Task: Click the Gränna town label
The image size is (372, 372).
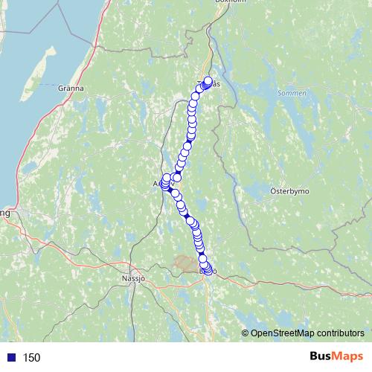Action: pyautogui.click(x=69, y=88)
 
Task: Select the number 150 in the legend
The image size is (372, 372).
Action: pyautogui.click(x=31, y=358)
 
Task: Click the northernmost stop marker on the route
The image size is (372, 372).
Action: pyautogui.click(x=208, y=81)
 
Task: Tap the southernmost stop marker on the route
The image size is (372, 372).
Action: pyautogui.click(x=208, y=271)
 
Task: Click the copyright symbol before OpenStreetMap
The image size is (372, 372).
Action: pyautogui.click(x=246, y=333)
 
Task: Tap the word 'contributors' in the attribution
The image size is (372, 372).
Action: pyautogui.click(x=339, y=333)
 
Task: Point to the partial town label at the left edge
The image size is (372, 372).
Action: pyautogui.click(x=4, y=213)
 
